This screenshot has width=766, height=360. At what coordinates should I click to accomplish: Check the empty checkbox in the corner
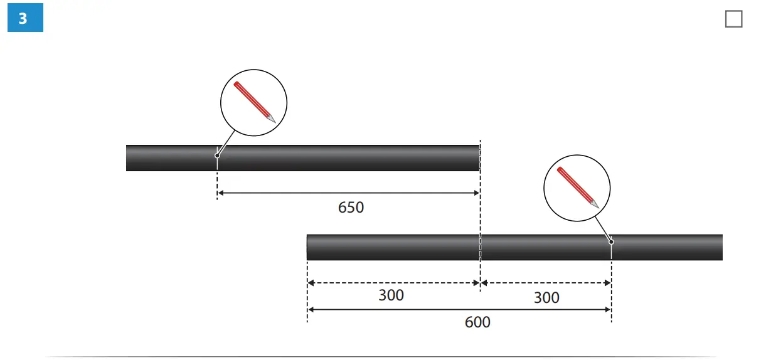[x=733, y=19]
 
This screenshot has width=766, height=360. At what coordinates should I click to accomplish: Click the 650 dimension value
[x=351, y=207]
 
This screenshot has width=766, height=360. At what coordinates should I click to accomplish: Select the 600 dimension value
[x=477, y=322]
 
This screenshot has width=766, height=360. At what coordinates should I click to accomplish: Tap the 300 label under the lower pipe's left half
[x=391, y=295]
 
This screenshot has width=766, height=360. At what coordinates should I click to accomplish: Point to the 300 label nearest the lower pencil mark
[x=546, y=297]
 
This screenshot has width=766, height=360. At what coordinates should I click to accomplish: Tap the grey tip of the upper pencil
[x=272, y=119]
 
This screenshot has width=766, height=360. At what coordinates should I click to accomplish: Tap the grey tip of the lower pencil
[x=595, y=204]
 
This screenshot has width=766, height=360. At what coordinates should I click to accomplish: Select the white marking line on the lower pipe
[x=611, y=251]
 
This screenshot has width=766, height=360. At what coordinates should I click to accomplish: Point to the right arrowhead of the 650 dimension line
[x=476, y=193]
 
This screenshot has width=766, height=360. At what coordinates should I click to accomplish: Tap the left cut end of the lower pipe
[x=308, y=247]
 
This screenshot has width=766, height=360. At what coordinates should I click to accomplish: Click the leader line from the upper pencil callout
[x=226, y=142]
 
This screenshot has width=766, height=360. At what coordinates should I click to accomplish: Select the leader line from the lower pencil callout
[x=603, y=228]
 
